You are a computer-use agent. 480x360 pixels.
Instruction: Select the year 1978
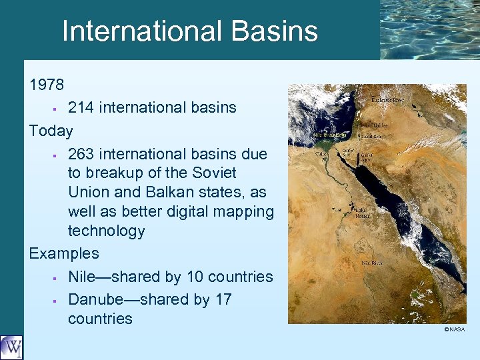47,85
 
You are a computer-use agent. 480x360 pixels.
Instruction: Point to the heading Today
51,130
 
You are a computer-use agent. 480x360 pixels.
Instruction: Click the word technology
106,231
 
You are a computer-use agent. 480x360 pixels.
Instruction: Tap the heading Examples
64,253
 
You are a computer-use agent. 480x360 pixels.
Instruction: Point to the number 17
223,299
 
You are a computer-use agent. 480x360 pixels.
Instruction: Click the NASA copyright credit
455,329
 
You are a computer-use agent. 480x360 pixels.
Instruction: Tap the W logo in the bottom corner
11,347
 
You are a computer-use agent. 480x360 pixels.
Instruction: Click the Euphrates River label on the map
387,100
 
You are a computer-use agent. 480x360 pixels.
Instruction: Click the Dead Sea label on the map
371,135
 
